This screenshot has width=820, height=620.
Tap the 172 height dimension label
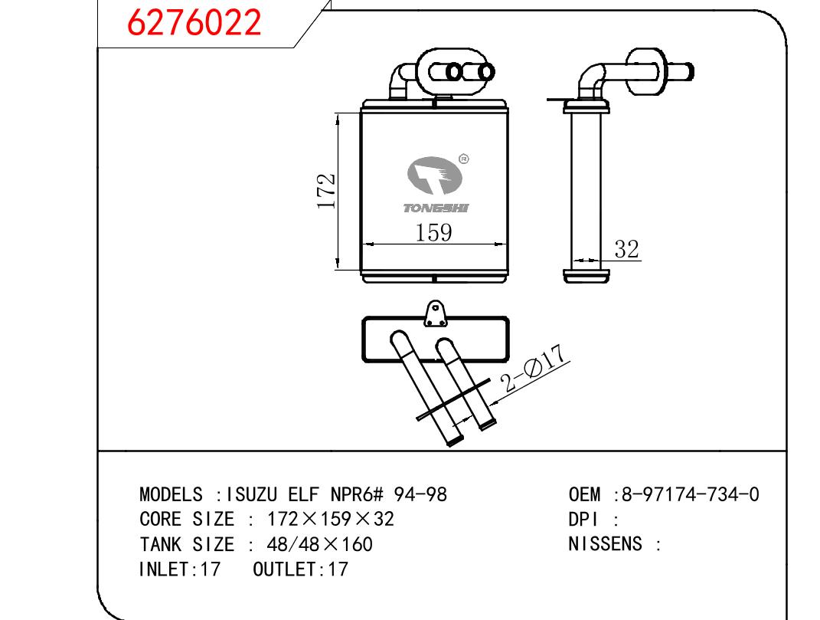326,192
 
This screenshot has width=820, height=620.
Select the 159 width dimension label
433,232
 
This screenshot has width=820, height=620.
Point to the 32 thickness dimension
626,249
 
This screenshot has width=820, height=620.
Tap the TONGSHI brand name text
436,208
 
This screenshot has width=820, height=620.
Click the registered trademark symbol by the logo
463,159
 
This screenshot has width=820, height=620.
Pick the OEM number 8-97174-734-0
690,494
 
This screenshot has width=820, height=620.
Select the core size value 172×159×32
330,520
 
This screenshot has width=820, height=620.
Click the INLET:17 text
179,569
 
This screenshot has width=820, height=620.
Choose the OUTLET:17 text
300,569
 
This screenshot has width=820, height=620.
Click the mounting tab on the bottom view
436,312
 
